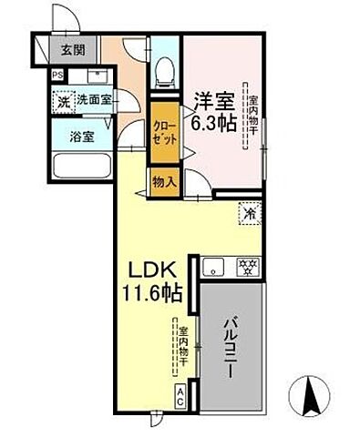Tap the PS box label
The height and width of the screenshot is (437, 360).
(57, 76)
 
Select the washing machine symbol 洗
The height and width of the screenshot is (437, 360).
(63, 102)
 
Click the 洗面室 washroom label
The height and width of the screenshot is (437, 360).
(93, 100)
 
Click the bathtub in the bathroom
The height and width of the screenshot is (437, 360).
(83, 167)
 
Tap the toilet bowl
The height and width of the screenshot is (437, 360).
(164, 70)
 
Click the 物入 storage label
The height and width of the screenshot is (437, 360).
(164, 182)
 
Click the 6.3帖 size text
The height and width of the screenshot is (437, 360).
(214, 120)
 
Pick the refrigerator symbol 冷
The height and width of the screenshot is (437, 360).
(250, 214)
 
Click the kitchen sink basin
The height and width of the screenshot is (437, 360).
(213, 268)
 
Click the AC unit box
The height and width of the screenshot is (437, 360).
(180, 396)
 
